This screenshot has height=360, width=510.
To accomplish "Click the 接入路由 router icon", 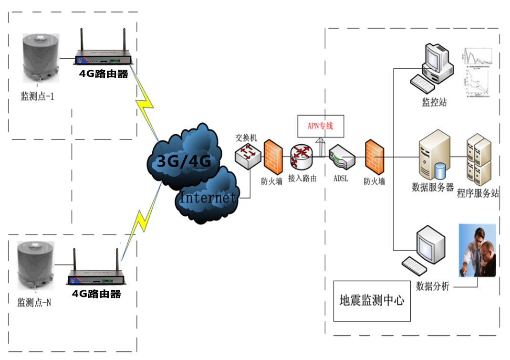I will coord(302,156).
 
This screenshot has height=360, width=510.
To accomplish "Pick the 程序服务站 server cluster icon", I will coord(479,160).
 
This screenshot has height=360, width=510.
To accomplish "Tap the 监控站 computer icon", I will coord(432,67).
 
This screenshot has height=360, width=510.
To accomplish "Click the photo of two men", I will coord(477,250).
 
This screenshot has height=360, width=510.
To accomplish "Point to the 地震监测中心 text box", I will coord(372,300).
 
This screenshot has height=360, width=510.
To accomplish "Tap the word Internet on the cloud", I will coord(208,197).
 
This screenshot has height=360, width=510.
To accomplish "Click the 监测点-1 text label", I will coord(37,96).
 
